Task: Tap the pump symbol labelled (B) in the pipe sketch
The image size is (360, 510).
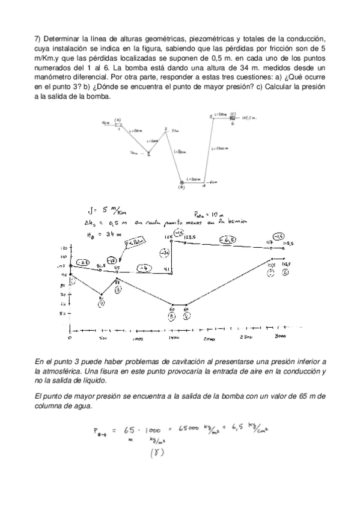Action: (182, 182)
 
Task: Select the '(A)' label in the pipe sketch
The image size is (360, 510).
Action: (118, 120)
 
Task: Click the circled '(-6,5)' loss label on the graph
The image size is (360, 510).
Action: (227, 241)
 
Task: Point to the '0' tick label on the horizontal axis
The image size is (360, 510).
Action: (70, 338)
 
